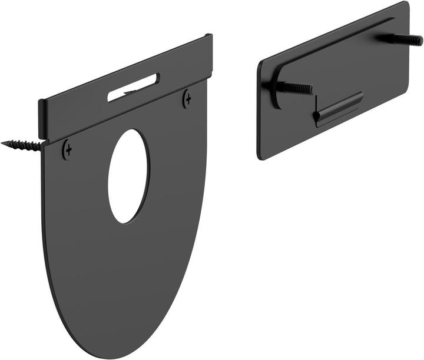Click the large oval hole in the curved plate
pyautogui.click(x=128, y=176)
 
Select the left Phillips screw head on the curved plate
pyautogui.click(x=68, y=150)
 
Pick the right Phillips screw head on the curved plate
pyautogui.click(x=187, y=98)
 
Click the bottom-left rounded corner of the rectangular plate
pyautogui.click(x=261, y=155)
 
